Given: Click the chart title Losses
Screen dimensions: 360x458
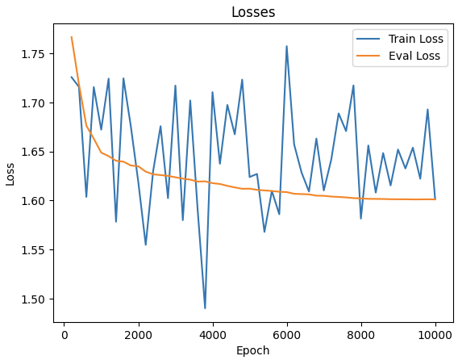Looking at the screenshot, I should click(252, 12).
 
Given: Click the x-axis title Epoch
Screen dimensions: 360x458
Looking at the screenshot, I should click(252, 350).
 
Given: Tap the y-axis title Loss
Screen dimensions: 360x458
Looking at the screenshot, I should click(10, 173).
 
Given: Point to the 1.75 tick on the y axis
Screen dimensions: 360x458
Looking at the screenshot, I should click(35, 54).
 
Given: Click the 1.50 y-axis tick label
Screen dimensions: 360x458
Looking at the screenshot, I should click(35, 299).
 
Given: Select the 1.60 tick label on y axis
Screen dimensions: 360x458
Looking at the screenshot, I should click(35, 201).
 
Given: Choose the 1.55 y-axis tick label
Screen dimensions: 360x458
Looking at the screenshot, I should click(35, 249).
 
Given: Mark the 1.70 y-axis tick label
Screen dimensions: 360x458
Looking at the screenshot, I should click(35, 103).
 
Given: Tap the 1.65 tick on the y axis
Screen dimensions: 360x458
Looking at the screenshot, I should click(35, 152).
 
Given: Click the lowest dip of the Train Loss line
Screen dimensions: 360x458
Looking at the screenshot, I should click(205, 308).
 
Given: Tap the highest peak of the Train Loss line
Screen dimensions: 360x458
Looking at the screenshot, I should click(286, 46).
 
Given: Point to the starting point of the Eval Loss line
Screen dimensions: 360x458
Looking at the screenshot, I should click(72, 37).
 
